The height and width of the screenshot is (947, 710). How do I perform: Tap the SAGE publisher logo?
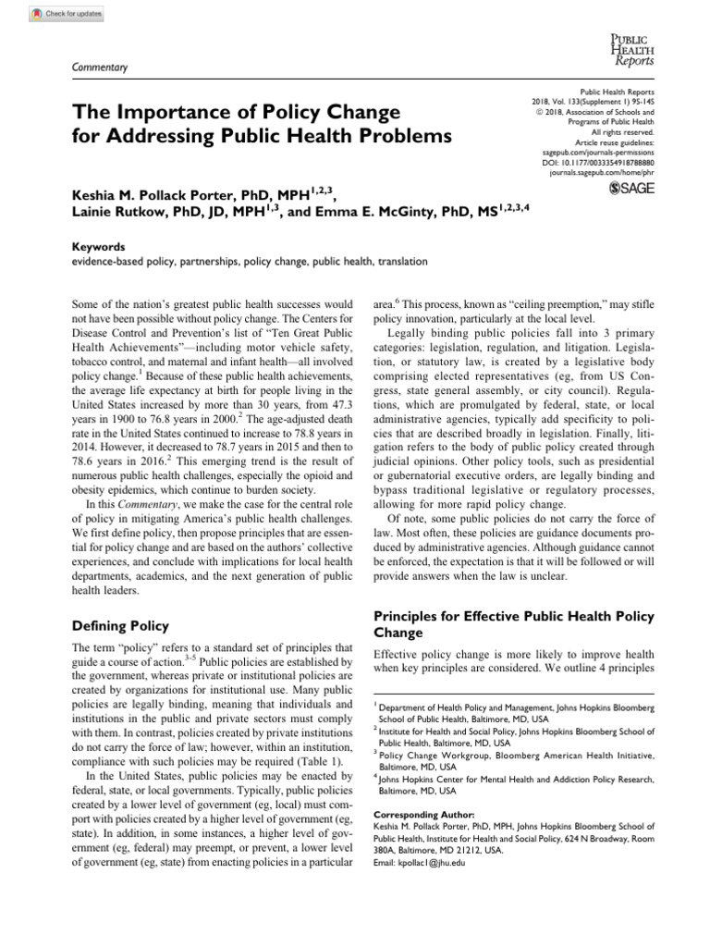click(x=630, y=188)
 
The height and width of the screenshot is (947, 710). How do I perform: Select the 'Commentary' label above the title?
click(x=98, y=68)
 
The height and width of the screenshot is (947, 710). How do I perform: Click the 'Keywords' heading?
click(x=98, y=247)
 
